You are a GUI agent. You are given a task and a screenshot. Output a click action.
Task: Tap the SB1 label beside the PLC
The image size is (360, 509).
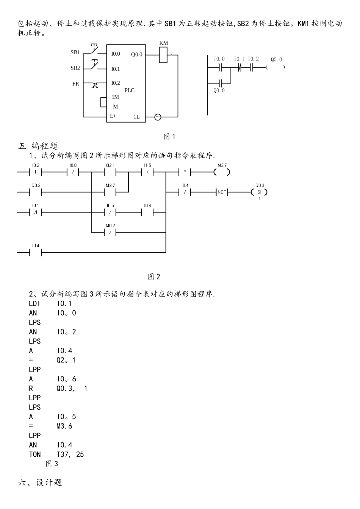[x=75, y=52]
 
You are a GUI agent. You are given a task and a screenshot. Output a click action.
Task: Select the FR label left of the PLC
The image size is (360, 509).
[x=76, y=84]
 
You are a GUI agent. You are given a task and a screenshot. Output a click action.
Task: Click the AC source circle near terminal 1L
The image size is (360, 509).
[x=158, y=117]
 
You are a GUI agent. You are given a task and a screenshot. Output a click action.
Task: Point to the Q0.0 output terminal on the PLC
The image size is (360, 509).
[x=137, y=55]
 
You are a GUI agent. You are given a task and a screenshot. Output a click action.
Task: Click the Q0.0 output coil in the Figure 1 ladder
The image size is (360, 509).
[x=276, y=67]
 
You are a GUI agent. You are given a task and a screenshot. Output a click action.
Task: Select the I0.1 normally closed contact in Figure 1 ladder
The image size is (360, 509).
[x=239, y=67]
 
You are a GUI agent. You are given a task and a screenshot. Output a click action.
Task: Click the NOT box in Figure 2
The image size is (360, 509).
[x=222, y=192]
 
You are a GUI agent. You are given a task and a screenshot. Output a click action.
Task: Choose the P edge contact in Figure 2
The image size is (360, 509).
[x=185, y=172]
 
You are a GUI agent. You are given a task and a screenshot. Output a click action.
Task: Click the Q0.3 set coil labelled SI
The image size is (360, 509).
[x=260, y=192]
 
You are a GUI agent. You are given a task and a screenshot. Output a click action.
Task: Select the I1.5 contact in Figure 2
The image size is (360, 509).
[x=147, y=172]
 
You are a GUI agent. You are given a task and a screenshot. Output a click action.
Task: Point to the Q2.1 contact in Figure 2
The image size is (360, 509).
[x=110, y=172]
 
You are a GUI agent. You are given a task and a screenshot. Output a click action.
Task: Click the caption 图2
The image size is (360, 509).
[x=154, y=277]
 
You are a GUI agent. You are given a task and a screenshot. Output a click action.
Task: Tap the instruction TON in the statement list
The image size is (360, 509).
[x=35, y=454]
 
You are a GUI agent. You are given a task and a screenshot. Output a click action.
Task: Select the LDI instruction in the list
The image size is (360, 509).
[x=34, y=303]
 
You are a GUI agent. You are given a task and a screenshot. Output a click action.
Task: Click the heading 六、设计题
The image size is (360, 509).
[x=40, y=482]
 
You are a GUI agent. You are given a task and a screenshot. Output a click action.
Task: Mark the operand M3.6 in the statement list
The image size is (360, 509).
[x=64, y=426]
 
